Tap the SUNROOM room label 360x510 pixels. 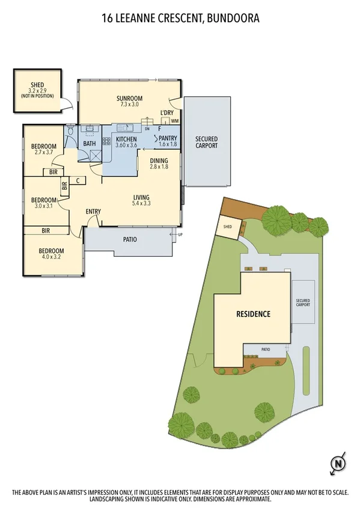coord(130,98)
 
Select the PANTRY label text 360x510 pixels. coord(168,138)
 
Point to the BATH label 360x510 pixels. coord(89,143)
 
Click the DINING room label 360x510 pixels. coord(159,161)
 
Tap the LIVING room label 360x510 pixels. coord(141,198)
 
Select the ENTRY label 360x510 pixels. coord(93,211)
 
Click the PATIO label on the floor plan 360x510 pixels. coord(130,239)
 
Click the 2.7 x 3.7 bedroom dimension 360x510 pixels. coord(43,153)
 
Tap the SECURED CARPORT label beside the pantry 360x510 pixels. coord(206,143)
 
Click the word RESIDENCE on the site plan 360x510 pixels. coord(253,314)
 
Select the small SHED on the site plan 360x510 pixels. coord(228,227)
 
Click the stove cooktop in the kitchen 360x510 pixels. coord(106,142)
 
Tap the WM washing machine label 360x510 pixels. coord(174,121)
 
